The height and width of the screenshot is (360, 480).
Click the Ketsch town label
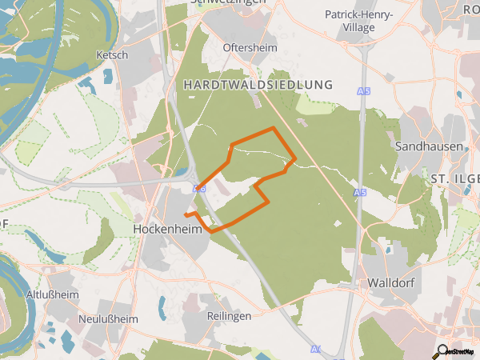(111, 56)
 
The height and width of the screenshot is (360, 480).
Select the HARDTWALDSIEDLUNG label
(257, 84)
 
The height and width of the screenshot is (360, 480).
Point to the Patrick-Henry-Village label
(359, 21)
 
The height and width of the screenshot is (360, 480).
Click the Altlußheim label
(50, 294)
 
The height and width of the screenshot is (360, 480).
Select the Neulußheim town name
(108, 319)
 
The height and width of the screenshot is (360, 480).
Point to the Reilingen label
(229, 316)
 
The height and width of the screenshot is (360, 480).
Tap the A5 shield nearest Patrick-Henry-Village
(365, 93)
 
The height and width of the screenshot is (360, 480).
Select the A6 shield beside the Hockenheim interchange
(199, 188)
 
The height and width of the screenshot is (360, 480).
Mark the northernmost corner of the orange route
(274, 127)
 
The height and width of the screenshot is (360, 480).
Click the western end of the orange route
(186, 215)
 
